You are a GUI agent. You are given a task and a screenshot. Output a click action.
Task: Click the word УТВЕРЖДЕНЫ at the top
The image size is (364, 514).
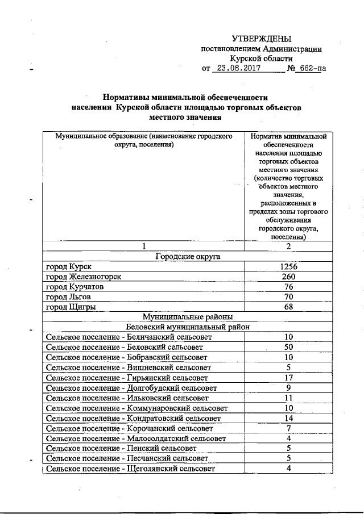(262, 39)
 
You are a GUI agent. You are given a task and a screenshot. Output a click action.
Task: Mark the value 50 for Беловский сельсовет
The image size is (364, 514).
(289, 348)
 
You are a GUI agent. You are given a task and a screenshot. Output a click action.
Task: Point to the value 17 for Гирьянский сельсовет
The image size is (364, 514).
(289, 378)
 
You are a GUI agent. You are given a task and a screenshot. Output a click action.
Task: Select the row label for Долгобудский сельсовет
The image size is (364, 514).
(131, 388)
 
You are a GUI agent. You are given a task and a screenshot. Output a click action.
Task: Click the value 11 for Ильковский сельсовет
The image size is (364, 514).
(289, 398)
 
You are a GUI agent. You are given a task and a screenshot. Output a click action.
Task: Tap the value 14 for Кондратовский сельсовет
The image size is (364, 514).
(289, 418)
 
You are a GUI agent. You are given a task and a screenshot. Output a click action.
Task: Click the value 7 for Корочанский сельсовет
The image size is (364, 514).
(289, 428)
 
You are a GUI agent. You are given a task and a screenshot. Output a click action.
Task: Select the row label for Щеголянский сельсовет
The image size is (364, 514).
(130, 469)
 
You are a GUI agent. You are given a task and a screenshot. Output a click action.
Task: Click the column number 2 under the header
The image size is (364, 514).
(289, 246)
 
